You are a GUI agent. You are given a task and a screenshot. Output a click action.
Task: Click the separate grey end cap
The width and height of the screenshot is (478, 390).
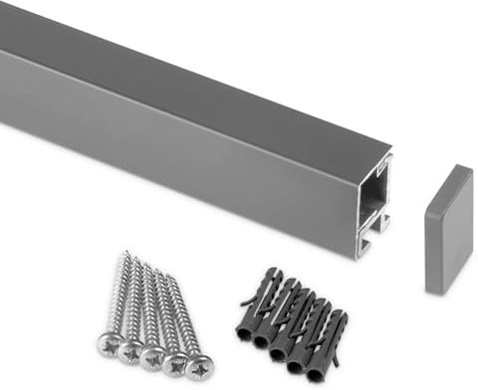[447, 229]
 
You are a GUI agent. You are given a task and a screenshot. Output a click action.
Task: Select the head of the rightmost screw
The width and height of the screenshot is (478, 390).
[197, 368]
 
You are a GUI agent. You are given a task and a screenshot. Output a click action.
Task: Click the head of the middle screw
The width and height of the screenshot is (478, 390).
[152, 356]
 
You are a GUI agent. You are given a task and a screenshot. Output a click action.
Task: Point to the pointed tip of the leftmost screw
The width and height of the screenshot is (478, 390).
[127, 254]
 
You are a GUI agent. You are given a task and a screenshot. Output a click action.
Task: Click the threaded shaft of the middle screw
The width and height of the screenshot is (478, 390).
[154, 308]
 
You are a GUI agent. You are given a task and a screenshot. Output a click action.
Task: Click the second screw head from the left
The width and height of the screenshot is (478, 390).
[130, 349]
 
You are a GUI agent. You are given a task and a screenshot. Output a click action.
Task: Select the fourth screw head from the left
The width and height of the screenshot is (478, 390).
[175, 363]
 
